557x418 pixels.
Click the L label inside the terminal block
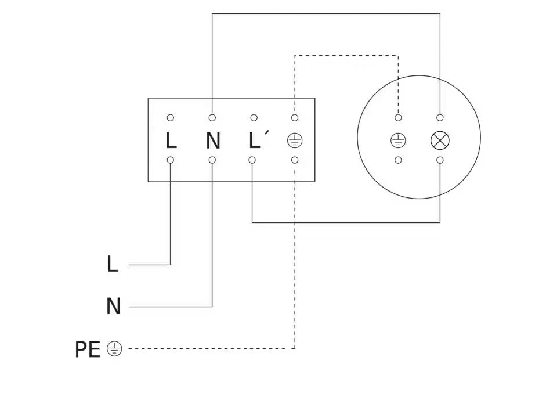pyautogui.click(x=171, y=140)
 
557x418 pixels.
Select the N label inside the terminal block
pyautogui.click(x=213, y=140)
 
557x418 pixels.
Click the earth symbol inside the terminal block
pyautogui.click(x=295, y=140)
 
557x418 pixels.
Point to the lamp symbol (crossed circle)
pyautogui.click(x=439, y=140)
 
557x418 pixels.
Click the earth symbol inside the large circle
pyautogui.click(x=398, y=140)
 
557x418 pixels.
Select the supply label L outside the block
pyautogui.click(x=113, y=264)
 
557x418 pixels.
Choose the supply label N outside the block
pyautogui.click(x=113, y=306)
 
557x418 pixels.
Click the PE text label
pyautogui.click(x=88, y=349)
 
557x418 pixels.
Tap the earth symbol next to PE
pyautogui.click(x=115, y=349)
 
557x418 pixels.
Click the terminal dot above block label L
pyautogui.click(x=171, y=118)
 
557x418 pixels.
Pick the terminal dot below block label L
pyautogui.click(x=171, y=160)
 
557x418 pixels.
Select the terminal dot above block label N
pyautogui.click(x=212, y=118)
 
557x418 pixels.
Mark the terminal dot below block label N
pyautogui.click(x=212, y=160)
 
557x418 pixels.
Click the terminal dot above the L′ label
pyautogui.click(x=253, y=118)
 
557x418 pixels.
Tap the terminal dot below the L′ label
pyautogui.click(x=253, y=160)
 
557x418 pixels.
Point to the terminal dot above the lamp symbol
pyautogui.click(x=440, y=118)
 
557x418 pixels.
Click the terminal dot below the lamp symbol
pyautogui.click(x=440, y=160)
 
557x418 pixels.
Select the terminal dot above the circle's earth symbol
pyautogui.click(x=398, y=118)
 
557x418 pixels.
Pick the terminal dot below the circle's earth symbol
pyautogui.click(x=398, y=160)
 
